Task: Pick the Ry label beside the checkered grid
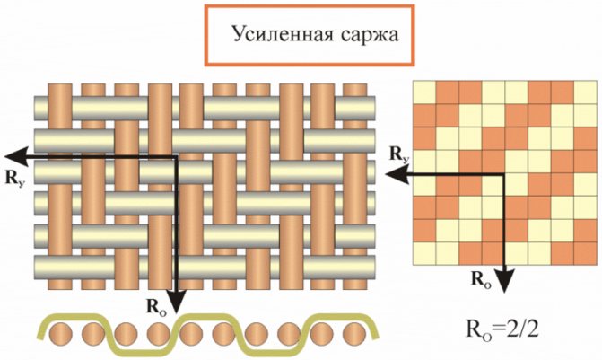point(400,154)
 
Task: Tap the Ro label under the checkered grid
point(481,277)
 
